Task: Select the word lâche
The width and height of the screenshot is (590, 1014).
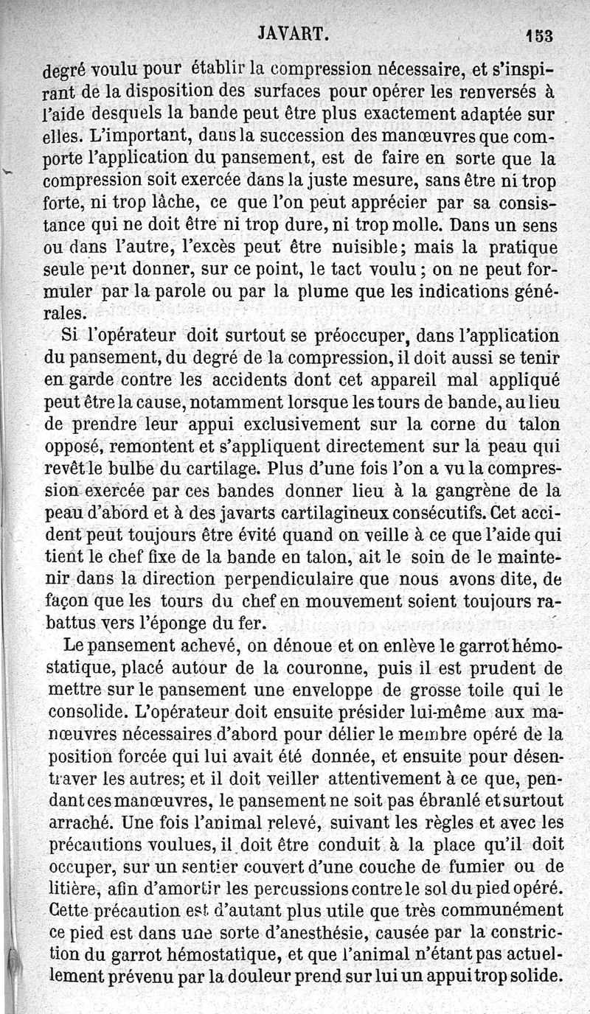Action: (171, 203)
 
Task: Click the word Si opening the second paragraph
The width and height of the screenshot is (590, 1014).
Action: (70, 335)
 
